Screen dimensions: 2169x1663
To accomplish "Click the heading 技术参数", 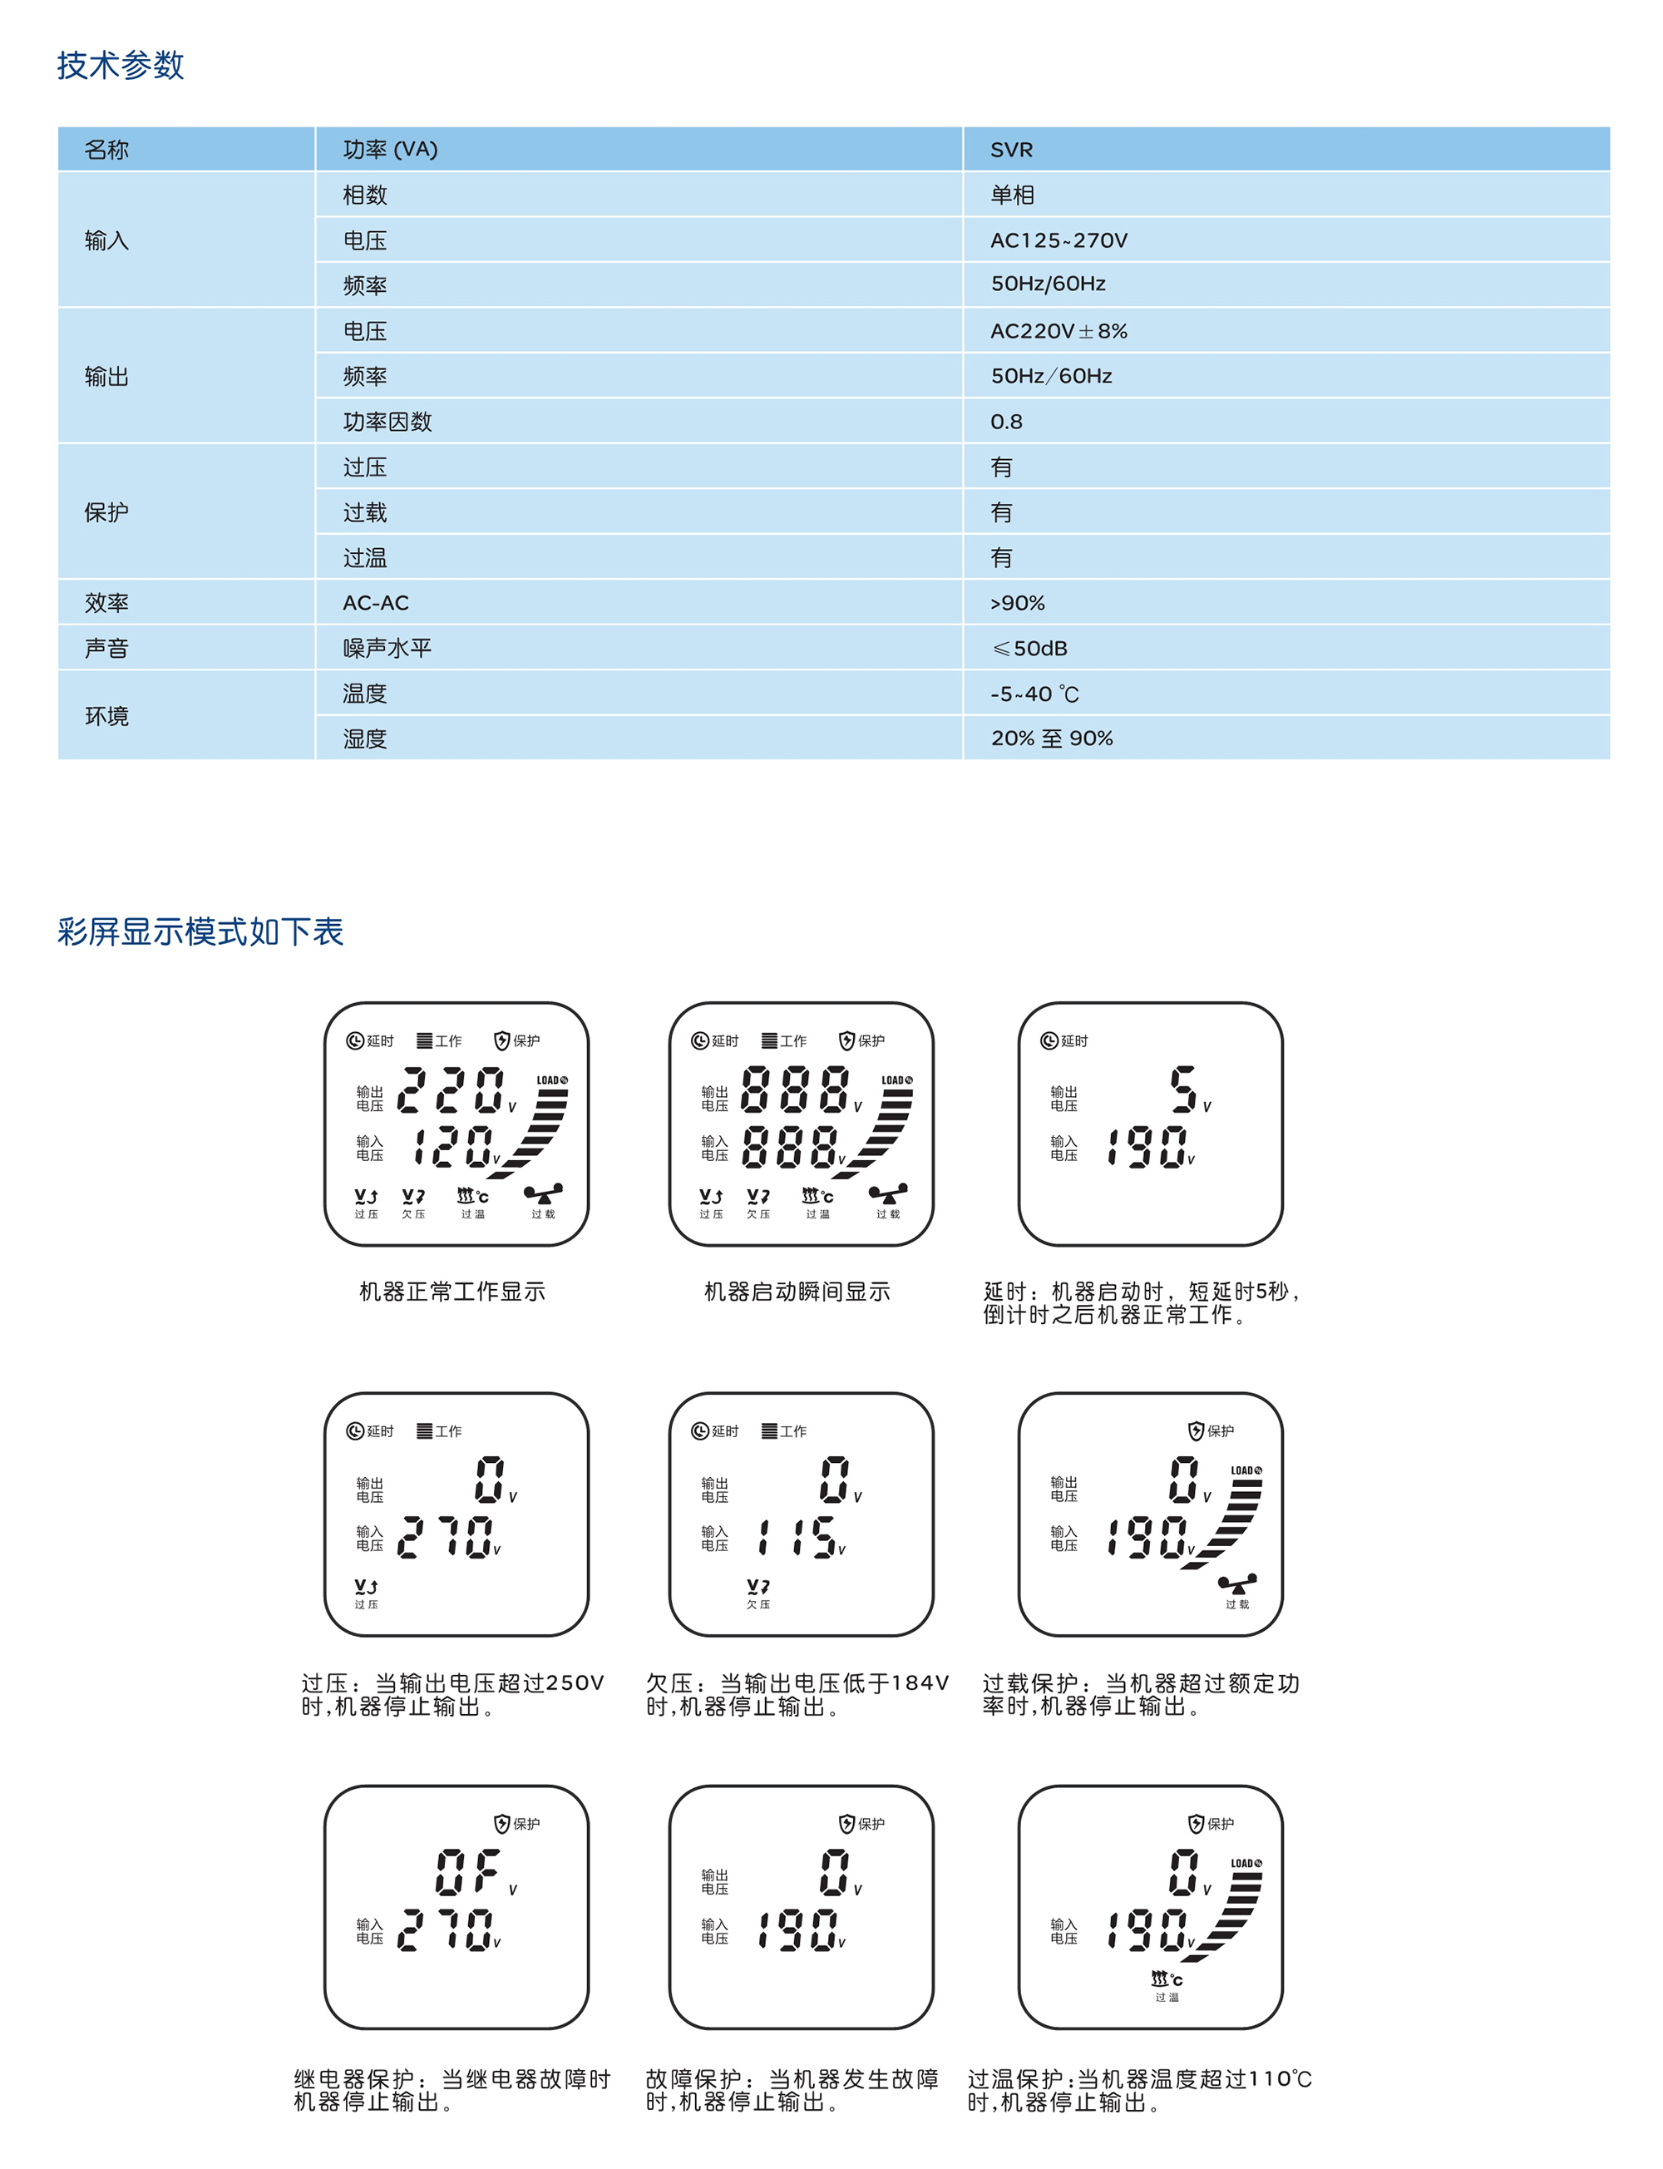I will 120,66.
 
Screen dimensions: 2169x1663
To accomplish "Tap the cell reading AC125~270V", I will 1058,240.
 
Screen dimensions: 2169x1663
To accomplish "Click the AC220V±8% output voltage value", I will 1058,331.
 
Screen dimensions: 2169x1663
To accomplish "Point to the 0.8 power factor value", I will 1006,422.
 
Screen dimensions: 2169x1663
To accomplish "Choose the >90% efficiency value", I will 1017,603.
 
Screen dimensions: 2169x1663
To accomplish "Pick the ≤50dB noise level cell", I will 1029,649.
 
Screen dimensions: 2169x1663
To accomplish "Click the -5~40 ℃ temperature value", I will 1034,694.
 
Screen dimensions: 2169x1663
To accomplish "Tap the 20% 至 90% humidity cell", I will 1051,739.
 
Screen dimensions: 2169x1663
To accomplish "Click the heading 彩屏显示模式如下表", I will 200,931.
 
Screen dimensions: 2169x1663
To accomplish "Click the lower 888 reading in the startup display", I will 790,1148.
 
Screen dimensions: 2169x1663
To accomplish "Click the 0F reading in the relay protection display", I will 467,1872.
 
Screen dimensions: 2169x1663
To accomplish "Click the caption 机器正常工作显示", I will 452,1291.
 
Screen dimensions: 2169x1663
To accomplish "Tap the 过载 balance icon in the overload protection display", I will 1236,1584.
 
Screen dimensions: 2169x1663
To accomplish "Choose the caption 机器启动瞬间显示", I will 797,1291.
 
